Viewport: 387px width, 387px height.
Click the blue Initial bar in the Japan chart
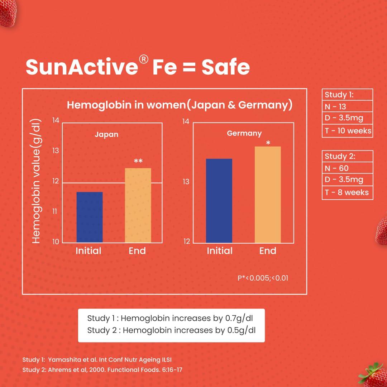90,217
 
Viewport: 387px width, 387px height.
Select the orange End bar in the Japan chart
138,205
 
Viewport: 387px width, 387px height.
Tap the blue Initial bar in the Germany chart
219,201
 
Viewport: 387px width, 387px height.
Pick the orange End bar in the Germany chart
268,195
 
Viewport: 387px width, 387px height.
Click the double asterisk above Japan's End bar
138,162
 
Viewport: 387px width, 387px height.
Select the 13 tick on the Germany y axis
186,182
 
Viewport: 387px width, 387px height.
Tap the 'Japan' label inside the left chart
106,135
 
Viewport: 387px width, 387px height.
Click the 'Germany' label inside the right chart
244,133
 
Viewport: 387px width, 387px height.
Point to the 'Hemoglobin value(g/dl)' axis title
37,182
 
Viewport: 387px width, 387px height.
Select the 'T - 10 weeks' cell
348,131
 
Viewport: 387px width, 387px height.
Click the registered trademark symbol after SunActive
143,61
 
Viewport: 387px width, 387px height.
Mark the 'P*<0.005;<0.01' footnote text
263,278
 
